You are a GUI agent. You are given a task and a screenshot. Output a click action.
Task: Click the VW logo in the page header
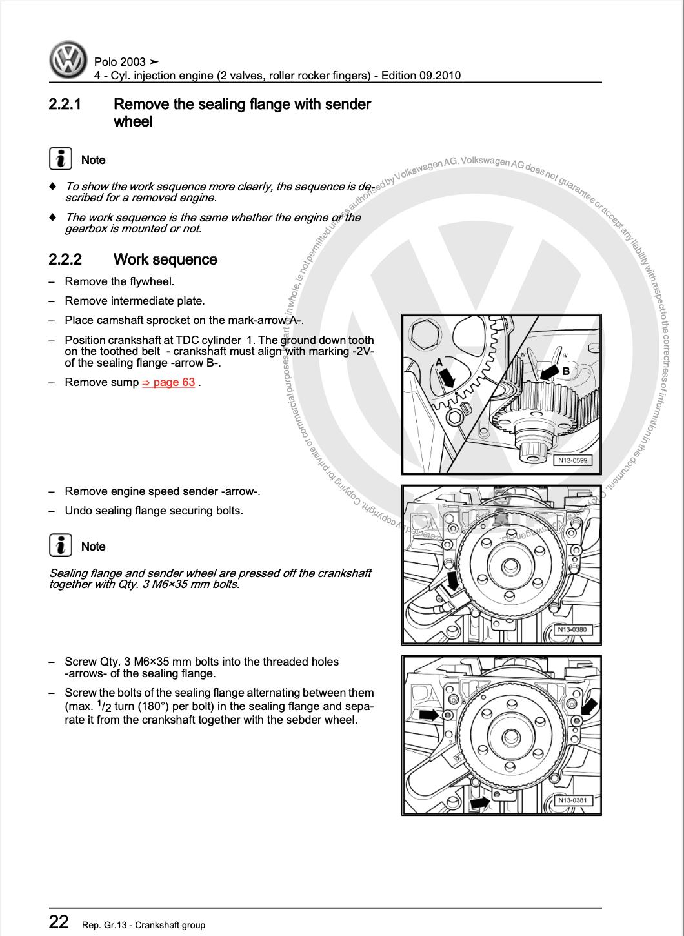coord(68,61)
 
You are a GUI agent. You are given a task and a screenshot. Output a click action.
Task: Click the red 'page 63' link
coord(168,382)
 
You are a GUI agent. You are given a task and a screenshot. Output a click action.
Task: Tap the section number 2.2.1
coord(65,105)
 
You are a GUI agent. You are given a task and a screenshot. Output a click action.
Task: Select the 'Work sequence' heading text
coord(165,259)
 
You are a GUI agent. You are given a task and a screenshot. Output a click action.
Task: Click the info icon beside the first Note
coord(61,159)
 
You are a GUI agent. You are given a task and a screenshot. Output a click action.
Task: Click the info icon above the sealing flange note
coord(61,546)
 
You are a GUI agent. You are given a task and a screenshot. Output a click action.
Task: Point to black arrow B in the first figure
coord(550,372)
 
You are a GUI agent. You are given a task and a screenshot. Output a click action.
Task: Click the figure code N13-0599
coord(572,460)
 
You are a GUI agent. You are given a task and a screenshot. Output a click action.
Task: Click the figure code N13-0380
coord(572,629)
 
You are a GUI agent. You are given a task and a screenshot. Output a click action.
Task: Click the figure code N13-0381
coord(572,800)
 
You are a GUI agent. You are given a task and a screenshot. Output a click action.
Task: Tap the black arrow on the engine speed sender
coord(454,580)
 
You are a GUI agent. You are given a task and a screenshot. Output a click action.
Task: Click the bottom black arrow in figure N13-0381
coord(479,802)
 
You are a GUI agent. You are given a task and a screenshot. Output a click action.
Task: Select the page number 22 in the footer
coord(59,922)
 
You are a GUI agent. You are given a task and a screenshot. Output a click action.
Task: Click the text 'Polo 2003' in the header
coord(120,62)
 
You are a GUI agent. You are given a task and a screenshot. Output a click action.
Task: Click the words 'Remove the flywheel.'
coord(119,281)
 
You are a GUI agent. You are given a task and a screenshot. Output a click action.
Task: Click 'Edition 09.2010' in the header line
coord(421,76)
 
